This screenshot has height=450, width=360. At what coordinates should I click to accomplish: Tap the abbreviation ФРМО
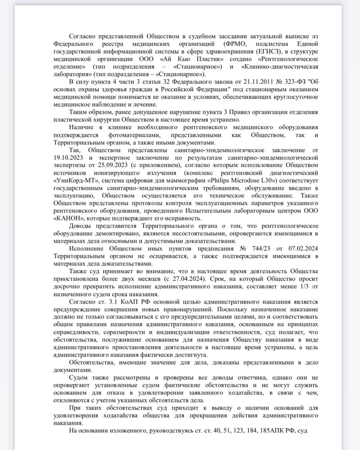point(239,44)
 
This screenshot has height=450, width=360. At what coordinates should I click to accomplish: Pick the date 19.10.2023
point(68,158)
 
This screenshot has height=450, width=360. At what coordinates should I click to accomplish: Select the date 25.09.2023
point(107,165)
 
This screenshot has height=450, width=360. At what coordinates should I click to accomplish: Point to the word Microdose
point(252,181)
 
